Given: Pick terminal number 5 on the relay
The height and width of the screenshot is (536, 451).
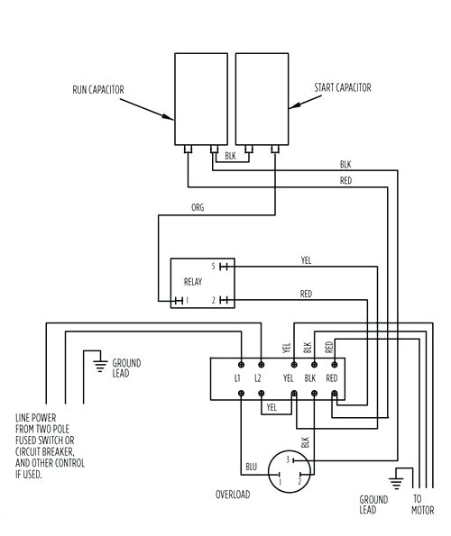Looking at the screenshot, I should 213,267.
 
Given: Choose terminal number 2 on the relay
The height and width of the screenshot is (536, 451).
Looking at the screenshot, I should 213,299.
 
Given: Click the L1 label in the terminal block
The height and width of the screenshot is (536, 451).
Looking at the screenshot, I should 238,378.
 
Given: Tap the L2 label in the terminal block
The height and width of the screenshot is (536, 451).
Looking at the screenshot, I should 259,378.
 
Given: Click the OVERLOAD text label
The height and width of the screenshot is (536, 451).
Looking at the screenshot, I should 233,495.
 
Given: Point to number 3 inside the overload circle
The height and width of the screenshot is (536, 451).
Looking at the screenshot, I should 287,459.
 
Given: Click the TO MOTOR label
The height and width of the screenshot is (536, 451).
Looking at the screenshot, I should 418,504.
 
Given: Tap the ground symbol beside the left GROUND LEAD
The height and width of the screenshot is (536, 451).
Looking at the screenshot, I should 98,364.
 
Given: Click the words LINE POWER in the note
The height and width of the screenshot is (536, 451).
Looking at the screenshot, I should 37,419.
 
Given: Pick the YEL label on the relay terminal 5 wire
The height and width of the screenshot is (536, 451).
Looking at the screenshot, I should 306,260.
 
